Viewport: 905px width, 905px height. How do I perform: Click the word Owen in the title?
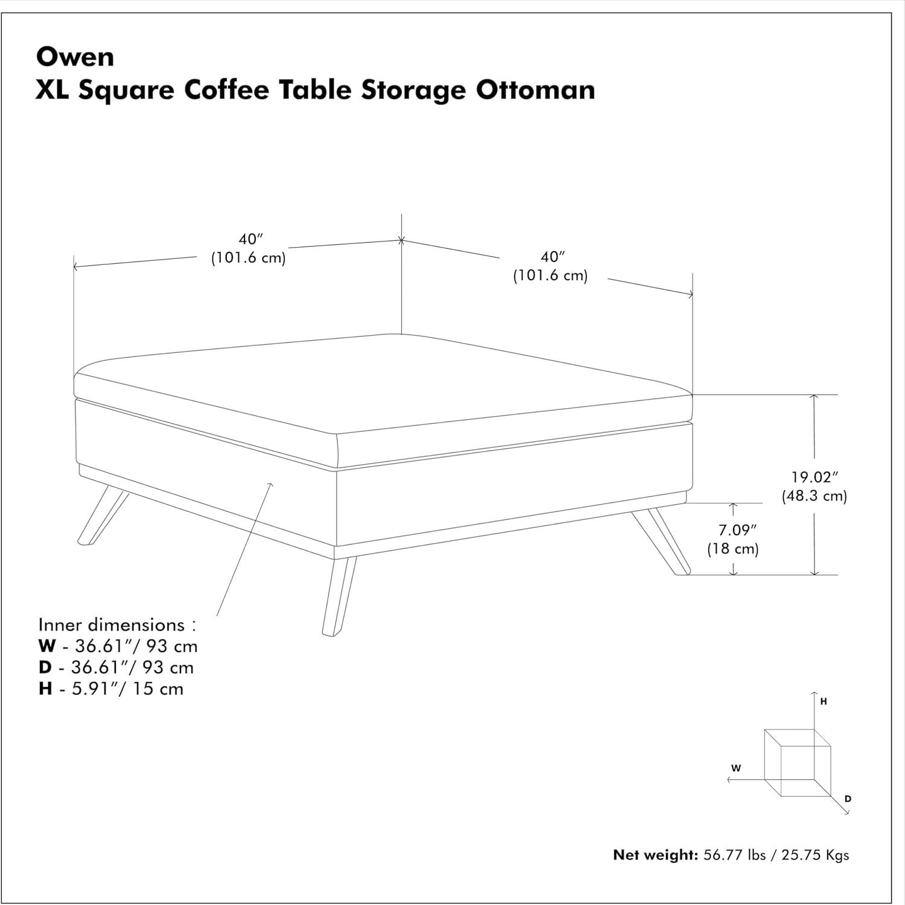(x=75, y=57)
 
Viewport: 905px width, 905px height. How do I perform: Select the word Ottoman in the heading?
(x=536, y=90)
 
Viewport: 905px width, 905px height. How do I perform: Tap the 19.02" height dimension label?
(x=815, y=477)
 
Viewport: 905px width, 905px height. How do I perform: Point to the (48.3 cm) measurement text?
(x=815, y=496)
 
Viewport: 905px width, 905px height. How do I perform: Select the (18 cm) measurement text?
(x=733, y=549)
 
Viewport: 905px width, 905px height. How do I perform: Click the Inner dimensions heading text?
(x=117, y=624)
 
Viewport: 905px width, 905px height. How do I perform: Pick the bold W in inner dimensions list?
(x=46, y=646)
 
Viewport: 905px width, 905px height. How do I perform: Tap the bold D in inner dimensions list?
(x=45, y=667)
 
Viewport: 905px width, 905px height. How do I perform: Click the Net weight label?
(x=655, y=855)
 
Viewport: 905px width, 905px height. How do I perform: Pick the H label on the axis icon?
(x=824, y=702)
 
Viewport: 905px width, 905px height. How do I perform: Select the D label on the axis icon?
(x=848, y=799)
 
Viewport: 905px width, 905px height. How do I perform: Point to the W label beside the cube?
(x=736, y=769)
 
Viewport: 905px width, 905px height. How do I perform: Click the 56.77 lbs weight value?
(x=735, y=855)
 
